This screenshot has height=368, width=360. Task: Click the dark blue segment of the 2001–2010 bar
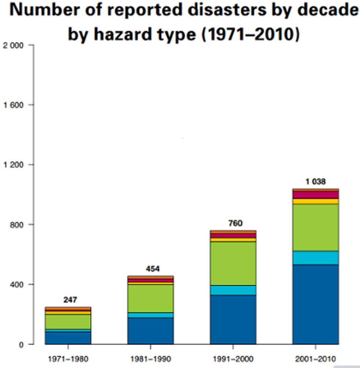[x=315, y=304]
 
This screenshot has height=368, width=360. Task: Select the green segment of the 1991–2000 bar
[x=233, y=263]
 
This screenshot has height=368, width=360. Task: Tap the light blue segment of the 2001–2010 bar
[x=315, y=258]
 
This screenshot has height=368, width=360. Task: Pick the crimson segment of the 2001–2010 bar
[x=315, y=194]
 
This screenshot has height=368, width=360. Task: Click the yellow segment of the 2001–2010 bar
[x=315, y=201]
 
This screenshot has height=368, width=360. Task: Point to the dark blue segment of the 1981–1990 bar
[x=150, y=331]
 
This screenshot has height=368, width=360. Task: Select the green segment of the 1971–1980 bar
[x=68, y=322]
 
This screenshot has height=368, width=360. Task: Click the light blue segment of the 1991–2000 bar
[x=233, y=290]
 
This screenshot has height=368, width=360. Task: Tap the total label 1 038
[x=315, y=182]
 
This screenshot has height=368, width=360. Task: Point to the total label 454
[x=152, y=269]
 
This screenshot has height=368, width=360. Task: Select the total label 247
[x=70, y=300]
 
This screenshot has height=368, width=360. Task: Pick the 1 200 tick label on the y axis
[x=14, y=165]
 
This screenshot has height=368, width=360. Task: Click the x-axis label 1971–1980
[x=68, y=359]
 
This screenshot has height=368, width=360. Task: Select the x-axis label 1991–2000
[x=233, y=359]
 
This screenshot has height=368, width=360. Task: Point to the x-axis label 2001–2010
[x=315, y=359]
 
